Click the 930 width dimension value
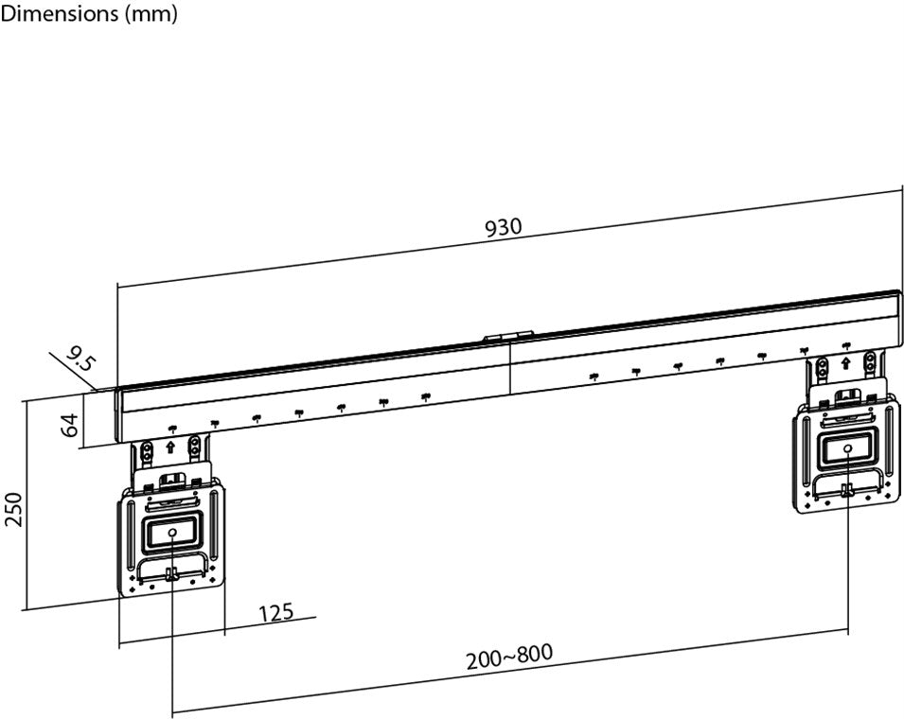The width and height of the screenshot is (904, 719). (x=503, y=228)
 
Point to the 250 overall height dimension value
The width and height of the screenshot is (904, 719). (x=13, y=512)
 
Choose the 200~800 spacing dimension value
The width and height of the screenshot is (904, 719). (x=508, y=656)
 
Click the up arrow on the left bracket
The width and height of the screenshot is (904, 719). (x=170, y=446)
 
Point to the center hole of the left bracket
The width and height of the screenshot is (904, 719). (x=171, y=534)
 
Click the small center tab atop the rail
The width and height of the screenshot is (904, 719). (x=508, y=335)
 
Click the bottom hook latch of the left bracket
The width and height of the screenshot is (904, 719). (x=171, y=574)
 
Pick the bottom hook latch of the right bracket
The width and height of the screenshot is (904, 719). (x=847, y=489)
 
